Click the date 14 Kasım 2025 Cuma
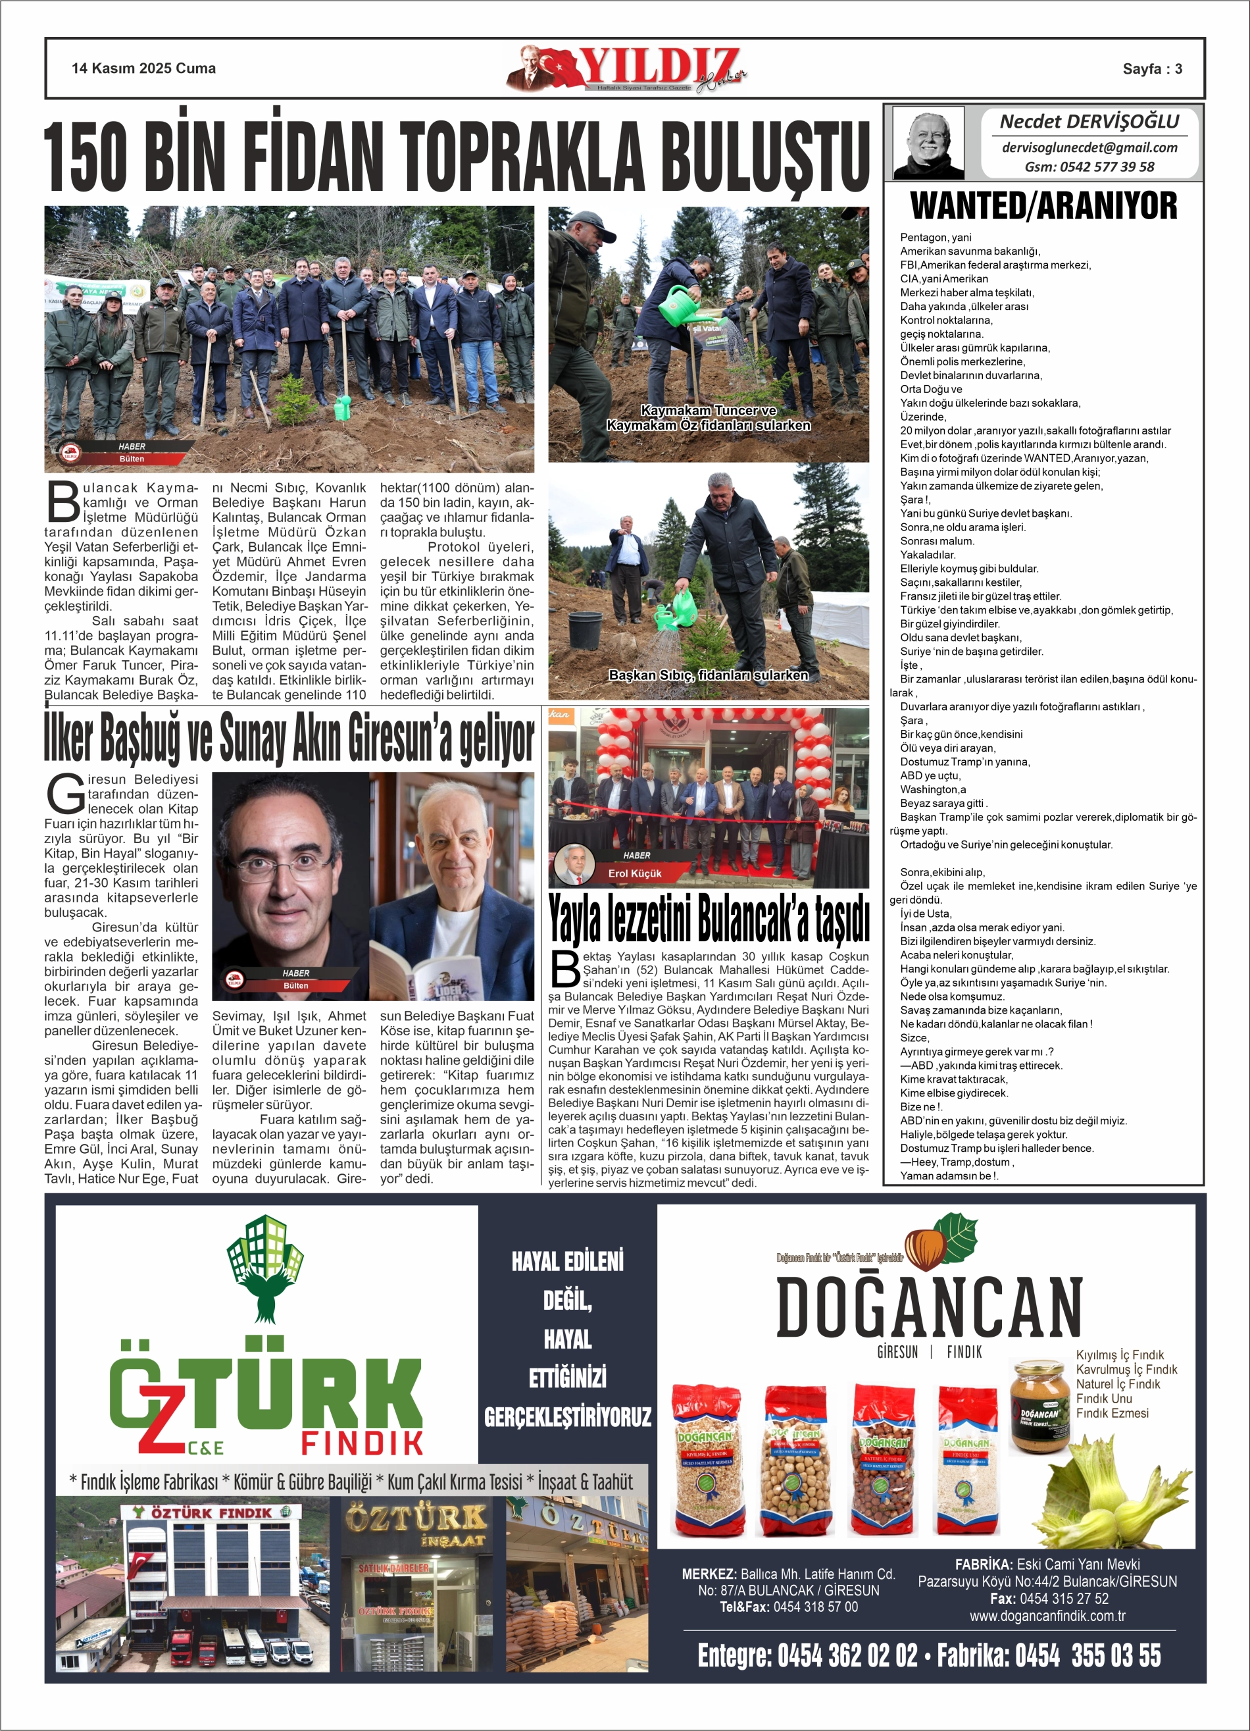(x=143, y=68)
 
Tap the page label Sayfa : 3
(x=1151, y=68)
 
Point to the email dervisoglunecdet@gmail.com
(x=1089, y=147)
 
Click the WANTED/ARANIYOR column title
(x=1043, y=206)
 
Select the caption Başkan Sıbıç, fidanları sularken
(x=707, y=675)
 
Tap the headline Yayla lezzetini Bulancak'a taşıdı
(x=708, y=919)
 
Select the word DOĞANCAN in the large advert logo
(x=929, y=1308)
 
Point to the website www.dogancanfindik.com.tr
(x=1047, y=1616)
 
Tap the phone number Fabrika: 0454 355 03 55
(x=1049, y=1656)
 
